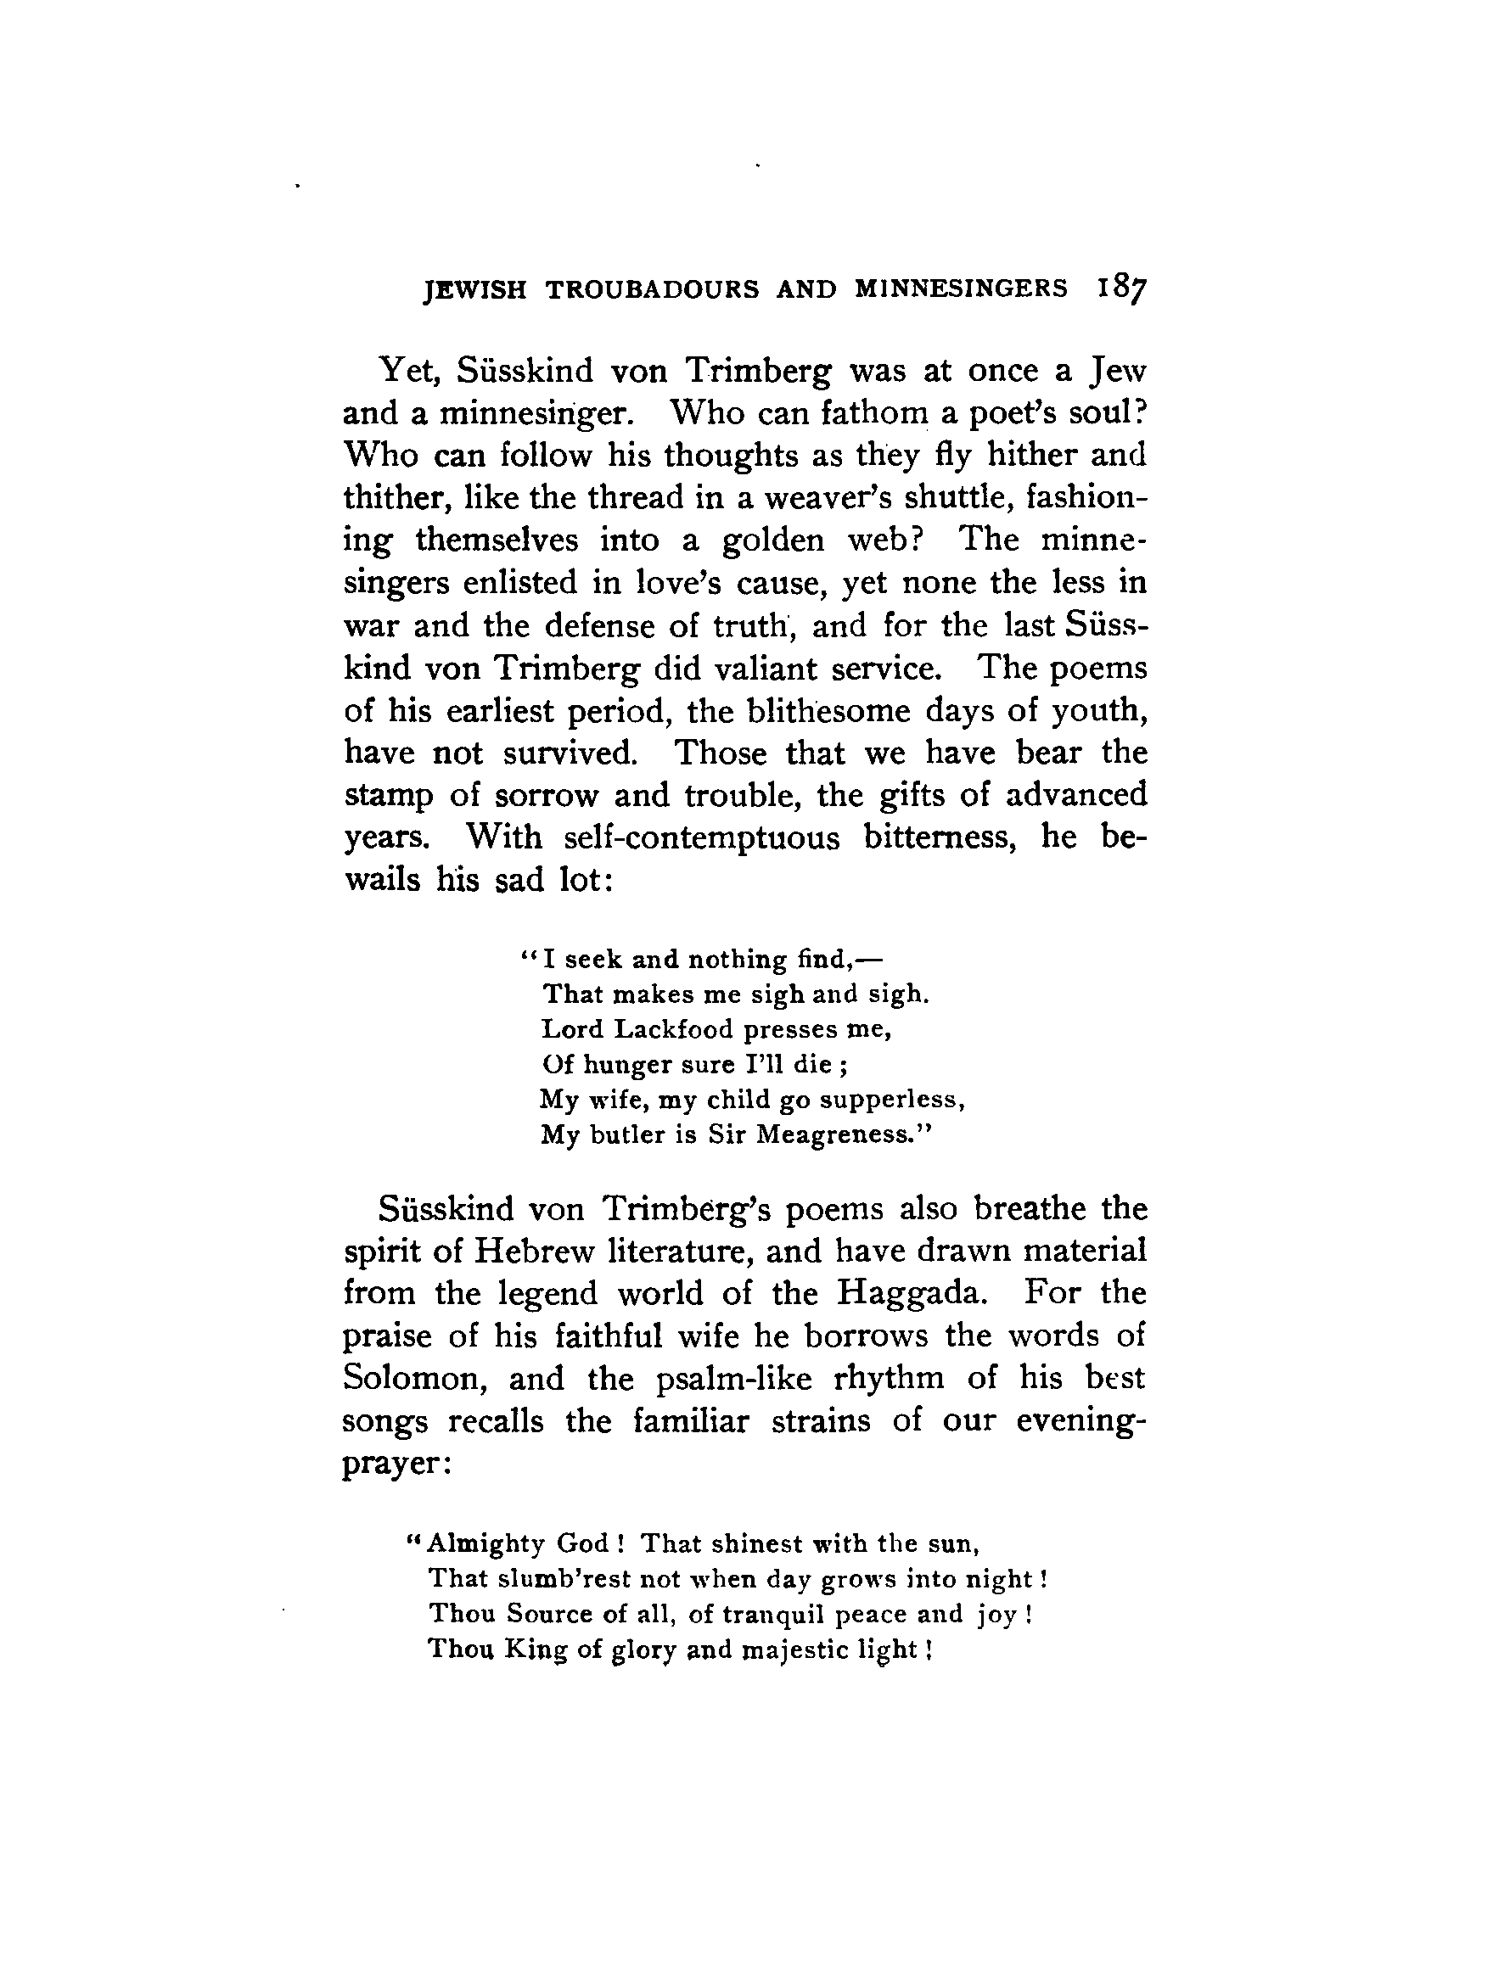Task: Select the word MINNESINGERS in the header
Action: pyautogui.click(x=961, y=288)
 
